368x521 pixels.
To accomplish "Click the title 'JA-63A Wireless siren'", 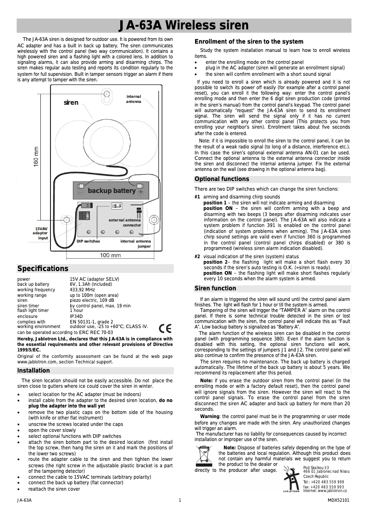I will pyautogui.click(x=184, y=25).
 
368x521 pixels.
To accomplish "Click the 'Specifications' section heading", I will pyautogui.click(x=43, y=269).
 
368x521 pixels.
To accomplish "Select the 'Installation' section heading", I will pyautogui.click(x=33, y=371).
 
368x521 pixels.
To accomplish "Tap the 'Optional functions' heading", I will pyautogui.click(x=222, y=179).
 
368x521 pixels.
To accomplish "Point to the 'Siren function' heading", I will pyautogui.click(x=215, y=289).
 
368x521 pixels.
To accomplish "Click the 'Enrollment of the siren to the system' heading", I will pyautogui.click(x=249, y=41).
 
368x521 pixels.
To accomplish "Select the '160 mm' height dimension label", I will pyautogui.click(x=36, y=157).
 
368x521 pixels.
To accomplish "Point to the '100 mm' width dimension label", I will pyautogui.click(x=110, y=255).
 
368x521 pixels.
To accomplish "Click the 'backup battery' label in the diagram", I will pyautogui.click(x=112, y=191).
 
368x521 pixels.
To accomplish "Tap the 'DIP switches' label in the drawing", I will pyautogui.click(x=88, y=241).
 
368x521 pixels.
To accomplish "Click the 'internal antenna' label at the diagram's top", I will pyautogui.click(x=134, y=99).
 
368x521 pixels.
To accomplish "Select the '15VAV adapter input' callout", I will pyautogui.click(x=41, y=233).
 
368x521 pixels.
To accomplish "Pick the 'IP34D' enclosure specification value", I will pyautogui.click(x=76, y=316).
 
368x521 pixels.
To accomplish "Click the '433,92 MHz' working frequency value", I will pyautogui.click(x=83, y=290).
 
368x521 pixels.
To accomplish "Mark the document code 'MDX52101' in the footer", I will pyautogui.click(x=339, y=500).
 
